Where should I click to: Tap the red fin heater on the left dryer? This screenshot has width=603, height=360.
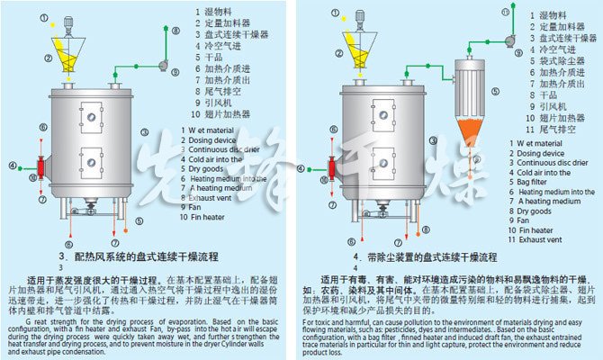click(38, 166)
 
